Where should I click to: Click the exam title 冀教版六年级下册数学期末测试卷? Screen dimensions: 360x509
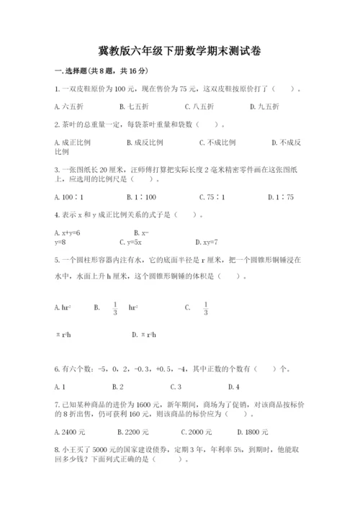[x=179, y=51]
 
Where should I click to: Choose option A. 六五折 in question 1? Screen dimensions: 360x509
[x=67, y=107]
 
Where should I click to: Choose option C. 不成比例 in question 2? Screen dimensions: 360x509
[x=217, y=142]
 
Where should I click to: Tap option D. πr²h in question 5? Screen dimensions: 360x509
[x=145, y=335]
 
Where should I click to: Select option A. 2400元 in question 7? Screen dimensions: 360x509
[x=70, y=432]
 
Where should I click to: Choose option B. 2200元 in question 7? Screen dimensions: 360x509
[x=133, y=432]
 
